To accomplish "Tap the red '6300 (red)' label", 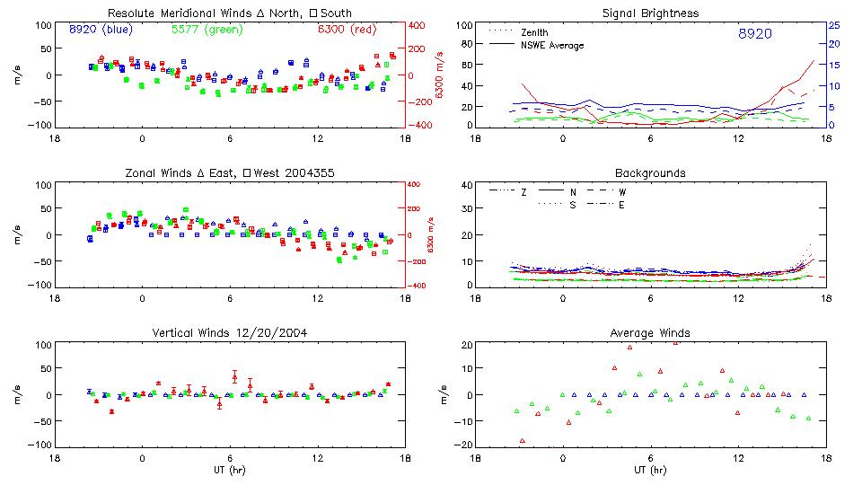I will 347,29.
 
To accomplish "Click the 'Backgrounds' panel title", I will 650,172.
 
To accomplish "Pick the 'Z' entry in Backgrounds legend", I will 523,191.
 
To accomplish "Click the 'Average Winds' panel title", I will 650,332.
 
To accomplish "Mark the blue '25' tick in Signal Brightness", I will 833,25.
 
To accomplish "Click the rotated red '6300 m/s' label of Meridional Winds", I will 439,75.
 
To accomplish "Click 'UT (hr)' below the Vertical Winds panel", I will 230,469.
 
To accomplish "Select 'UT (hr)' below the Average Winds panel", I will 650,469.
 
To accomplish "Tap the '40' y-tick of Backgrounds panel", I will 467,185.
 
